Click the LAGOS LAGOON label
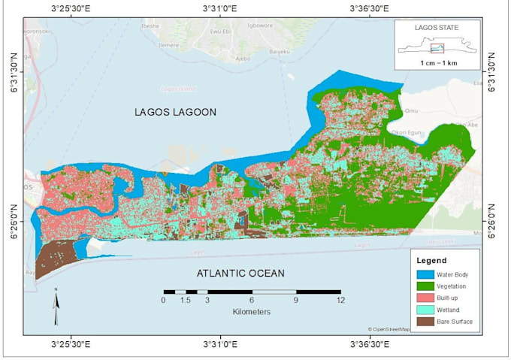click(x=175, y=112)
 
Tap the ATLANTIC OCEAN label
click(x=240, y=273)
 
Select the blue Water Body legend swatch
click(x=428, y=274)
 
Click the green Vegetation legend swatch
click(x=428, y=286)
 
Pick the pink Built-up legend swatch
click(x=428, y=298)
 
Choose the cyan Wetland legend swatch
click(x=428, y=310)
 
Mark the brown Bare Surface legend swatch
click(x=428, y=322)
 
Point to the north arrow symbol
click(x=56, y=301)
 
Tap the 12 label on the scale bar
click(x=340, y=301)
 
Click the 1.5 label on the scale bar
click(x=184, y=301)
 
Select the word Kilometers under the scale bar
click(x=252, y=311)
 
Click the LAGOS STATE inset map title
click(x=437, y=28)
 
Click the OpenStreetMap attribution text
click(x=389, y=329)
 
